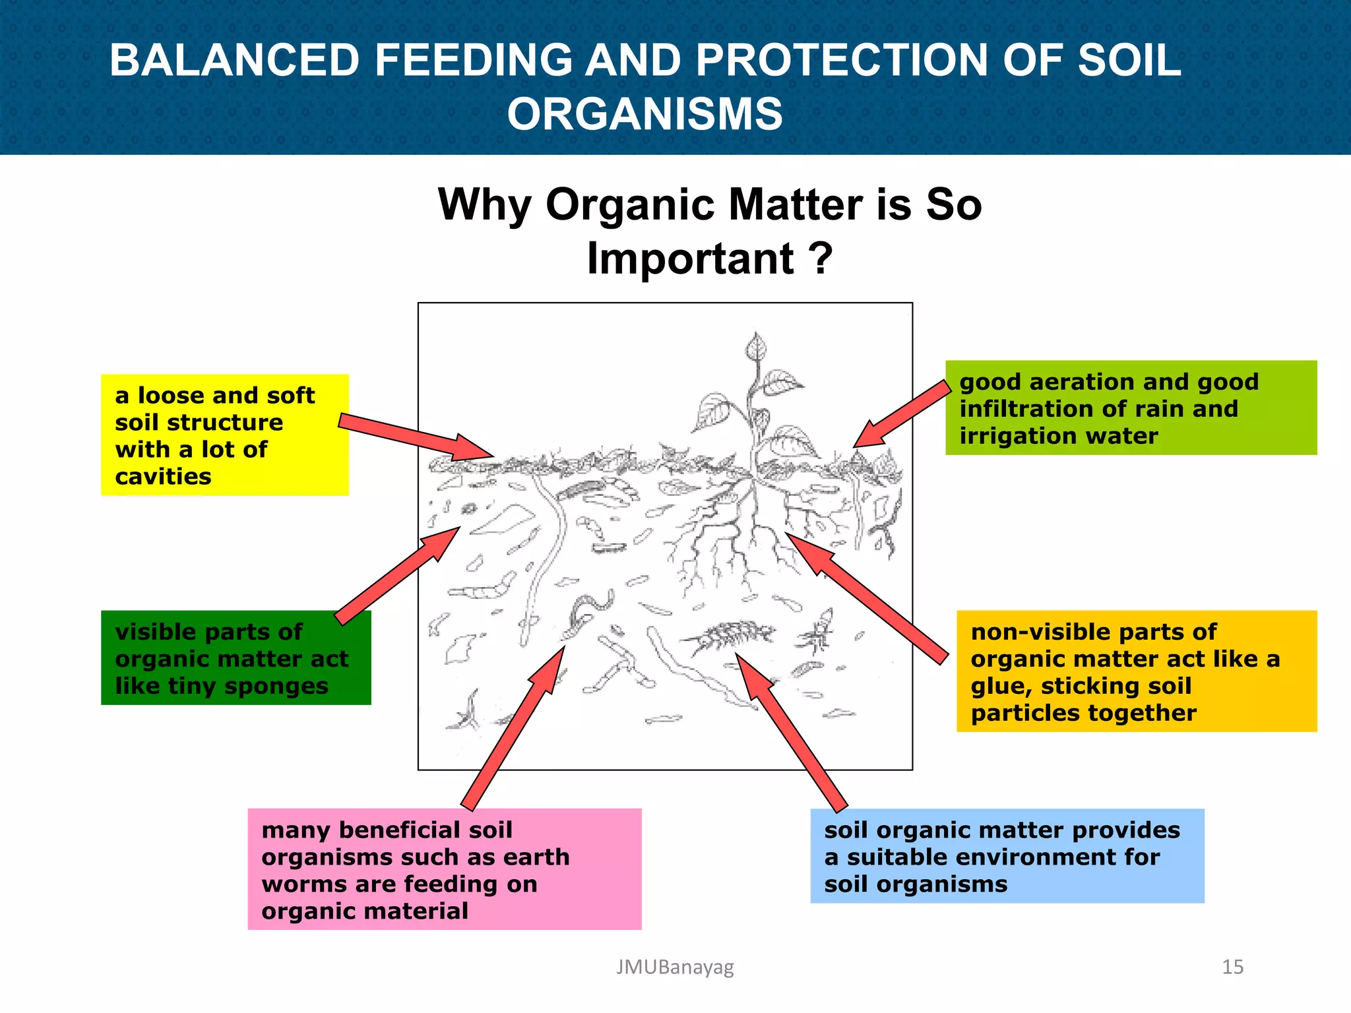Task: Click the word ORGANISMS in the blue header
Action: click(x=644, y=114)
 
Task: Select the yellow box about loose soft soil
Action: click(x=224, y=435)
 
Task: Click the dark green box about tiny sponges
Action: click(x=236, y=658)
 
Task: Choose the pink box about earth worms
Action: click(x=444, y=869)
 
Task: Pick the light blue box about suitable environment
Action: click(x=1007, y=855)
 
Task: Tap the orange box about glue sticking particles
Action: click(x=1136, y=671)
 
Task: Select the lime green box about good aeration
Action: click(x=1131, y=408)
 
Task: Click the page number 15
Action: click(x=1232, y=967)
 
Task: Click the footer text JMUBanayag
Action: click(x=674, y=967)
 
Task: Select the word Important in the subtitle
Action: click(x=690, y=259)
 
